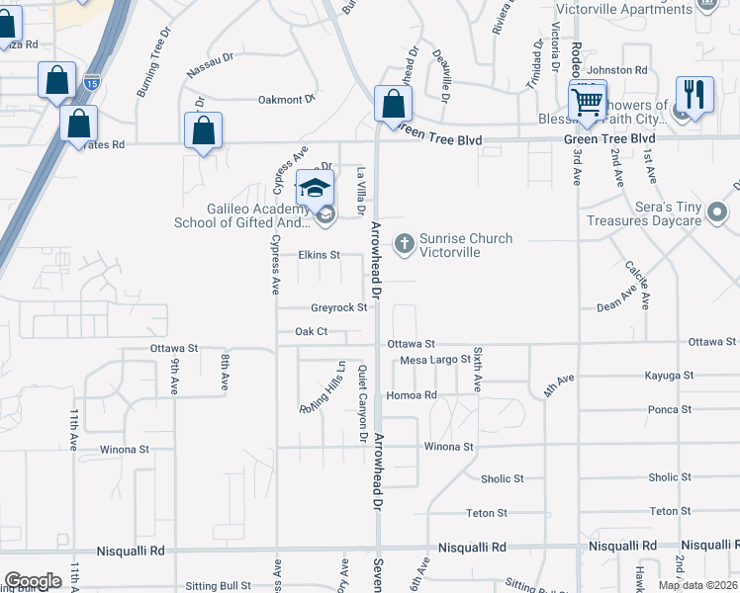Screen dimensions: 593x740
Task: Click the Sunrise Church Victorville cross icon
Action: (404, 242)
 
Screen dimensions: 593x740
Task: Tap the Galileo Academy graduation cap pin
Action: (316, 187)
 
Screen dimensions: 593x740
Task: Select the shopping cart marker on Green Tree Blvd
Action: (588, 100)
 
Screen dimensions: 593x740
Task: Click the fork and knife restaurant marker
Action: (694, 95)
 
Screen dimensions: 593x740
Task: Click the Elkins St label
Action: (320, 255)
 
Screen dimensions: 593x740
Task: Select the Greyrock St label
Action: (339, 308)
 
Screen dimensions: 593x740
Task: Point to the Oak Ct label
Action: (311, 332)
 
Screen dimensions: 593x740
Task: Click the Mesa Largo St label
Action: (434, 360)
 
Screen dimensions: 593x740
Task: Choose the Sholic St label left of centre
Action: (502, 479)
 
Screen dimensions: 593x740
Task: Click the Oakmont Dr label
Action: (286, 99)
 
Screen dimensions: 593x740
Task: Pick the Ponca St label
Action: (670, 409)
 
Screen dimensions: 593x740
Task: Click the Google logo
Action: (33, 581)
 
